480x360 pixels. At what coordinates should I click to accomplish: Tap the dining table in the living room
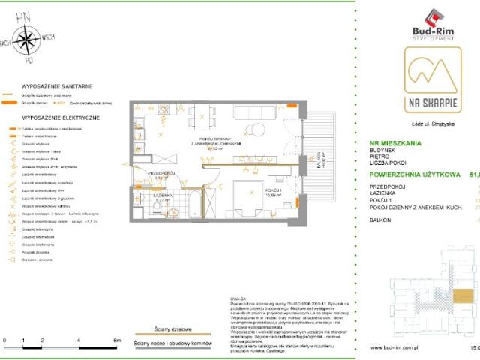[201, 115]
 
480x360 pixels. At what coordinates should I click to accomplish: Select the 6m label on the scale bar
[117, 340]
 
